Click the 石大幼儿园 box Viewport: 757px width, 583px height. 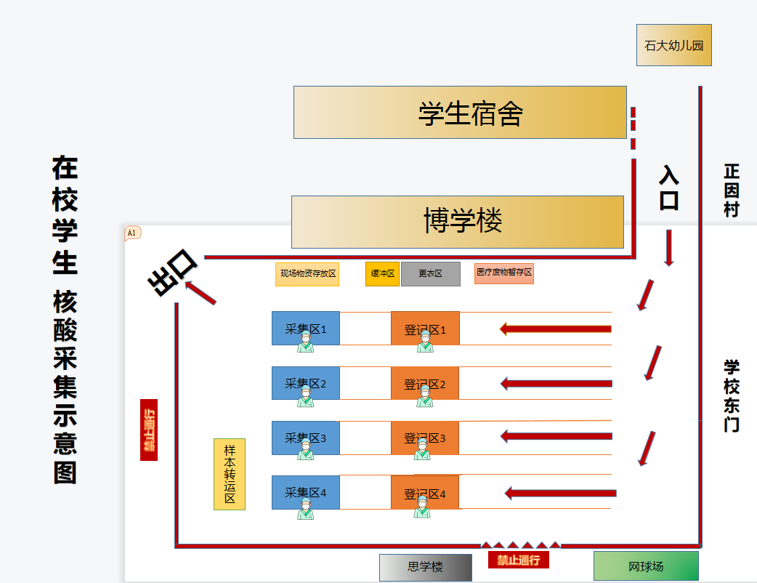point(673,45)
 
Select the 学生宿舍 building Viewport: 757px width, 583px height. point(460,112)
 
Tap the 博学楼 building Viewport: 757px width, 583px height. point(458,222)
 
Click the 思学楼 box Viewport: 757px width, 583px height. point(425,567)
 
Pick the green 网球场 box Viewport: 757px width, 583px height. point(646,566)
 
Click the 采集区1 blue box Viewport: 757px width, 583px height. point(305,328)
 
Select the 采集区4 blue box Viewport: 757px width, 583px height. point(305,492)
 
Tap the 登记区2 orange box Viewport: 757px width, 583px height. point(425,383)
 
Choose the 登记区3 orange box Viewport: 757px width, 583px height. point(425,438)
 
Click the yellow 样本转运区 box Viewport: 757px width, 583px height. point(230,474)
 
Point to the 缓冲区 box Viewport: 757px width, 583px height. point(382,274)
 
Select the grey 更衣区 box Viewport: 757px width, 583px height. point(430,274)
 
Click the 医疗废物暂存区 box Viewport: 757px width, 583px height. point(504,273)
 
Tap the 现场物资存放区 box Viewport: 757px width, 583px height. point(307,274)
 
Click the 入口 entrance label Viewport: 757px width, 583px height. point(668,188)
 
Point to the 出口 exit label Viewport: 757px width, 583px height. point(172,272)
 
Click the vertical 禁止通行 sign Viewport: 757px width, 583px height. point(149,430)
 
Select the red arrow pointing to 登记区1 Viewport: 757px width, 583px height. point(556,329)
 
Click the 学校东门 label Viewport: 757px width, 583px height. point(731,395)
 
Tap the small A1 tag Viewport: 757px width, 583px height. point(133,233)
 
